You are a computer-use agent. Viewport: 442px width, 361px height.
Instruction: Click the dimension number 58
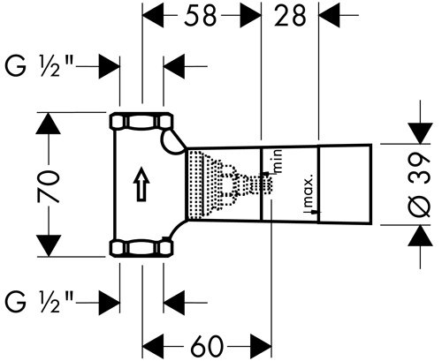click(x=201, y=16)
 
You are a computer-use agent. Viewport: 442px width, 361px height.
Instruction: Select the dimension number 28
click(x=290, y=16)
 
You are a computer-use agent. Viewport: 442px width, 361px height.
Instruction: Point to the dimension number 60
click(x=206, y=346)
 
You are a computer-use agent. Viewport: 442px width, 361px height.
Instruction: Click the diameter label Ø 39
click(x=420, y=184)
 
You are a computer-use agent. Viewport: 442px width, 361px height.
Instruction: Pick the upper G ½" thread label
click(x=39, y=66)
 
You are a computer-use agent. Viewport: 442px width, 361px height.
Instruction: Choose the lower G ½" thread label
click(x=39, y=302)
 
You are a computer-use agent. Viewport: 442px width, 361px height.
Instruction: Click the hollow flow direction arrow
click(x=141, y=184)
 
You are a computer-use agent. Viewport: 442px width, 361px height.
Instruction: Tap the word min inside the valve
click(x=278, y=162)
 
